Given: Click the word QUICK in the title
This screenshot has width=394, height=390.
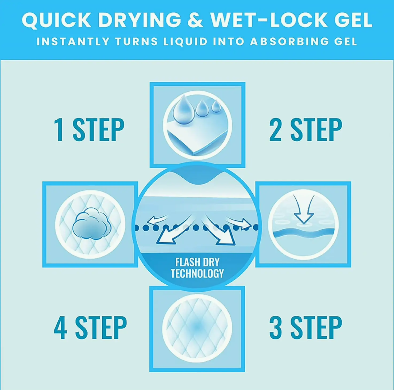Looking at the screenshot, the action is coord(56,20).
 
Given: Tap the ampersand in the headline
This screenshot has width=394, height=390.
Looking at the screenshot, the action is coord(195,20).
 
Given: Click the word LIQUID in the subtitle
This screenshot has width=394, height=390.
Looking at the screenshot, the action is coord(186,41).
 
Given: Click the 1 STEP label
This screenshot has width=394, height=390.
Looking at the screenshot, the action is coord(89,130).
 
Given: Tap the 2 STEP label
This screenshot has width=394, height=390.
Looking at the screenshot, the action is coord(306,130).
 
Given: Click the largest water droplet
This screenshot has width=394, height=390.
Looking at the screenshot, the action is coord(184,109).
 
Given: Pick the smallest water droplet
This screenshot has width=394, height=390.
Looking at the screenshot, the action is coord(216,106).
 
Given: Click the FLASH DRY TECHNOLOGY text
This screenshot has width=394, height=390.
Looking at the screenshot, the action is coord(197,268).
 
